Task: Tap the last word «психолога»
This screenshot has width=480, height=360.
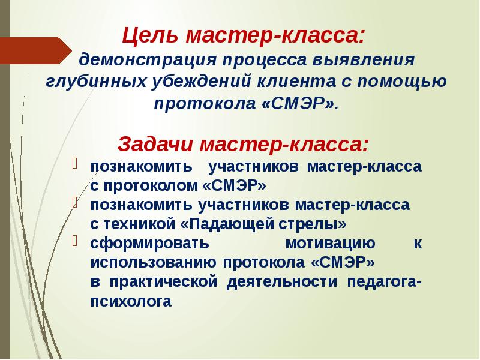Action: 130,302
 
